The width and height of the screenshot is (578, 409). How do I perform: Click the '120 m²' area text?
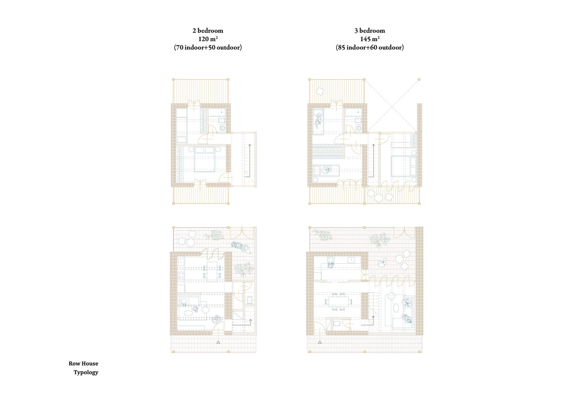click(208, 39)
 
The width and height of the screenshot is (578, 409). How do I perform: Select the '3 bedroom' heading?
click(370, 30)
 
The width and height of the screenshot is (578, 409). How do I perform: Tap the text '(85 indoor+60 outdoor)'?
click(370, 47)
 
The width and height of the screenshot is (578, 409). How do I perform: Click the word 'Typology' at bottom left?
click(86, 372)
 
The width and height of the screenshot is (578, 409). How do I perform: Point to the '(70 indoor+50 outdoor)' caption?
click(208, 47)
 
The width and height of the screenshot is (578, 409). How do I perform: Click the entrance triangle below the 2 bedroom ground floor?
click(218, 342)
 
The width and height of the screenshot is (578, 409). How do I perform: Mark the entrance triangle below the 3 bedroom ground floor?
click(320, 342)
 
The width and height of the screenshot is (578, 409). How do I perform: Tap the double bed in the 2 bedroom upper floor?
click(204, 159)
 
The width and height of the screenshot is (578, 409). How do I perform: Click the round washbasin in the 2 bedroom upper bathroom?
click(222, 128)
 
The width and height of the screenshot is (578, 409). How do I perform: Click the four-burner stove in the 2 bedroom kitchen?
click(181, 276)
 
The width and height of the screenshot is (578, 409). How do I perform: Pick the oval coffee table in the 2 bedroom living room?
click(188, 313)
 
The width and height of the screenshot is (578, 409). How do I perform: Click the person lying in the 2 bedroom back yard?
click(241, 247)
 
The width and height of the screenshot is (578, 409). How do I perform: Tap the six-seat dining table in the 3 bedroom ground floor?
click(338, 301)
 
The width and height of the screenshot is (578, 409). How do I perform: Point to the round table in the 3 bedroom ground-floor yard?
click(399, 259)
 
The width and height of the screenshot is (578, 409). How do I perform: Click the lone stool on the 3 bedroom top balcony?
click(320, 91)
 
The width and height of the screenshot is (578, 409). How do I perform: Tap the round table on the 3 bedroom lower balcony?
click(379, 198)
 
